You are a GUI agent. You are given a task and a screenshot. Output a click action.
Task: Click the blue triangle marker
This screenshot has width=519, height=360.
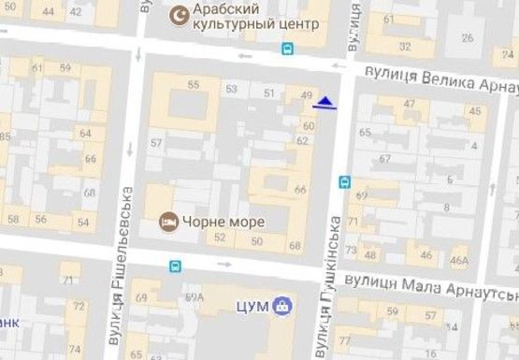(x=324, y=102)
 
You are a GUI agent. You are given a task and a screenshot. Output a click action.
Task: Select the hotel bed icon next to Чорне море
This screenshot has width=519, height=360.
(x=168, y=222)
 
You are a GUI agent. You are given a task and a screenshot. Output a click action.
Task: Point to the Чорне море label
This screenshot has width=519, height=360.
(x=224, y=222)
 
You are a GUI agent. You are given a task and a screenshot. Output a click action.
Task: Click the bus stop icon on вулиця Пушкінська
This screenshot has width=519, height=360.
(x=344, y=181)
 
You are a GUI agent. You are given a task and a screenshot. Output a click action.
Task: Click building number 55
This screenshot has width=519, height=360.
(x=193, y=85)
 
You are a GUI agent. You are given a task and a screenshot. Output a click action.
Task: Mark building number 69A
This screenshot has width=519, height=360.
(x=195, y=297)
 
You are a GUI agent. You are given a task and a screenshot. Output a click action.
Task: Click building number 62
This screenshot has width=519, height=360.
(x=302, y=140)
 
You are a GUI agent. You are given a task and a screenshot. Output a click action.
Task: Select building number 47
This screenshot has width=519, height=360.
(x=410, y=103)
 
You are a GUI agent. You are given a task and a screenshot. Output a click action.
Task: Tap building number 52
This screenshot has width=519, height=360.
(x=220, y=238)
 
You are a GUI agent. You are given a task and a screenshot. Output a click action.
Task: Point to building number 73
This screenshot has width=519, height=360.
(x=351, y=250)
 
